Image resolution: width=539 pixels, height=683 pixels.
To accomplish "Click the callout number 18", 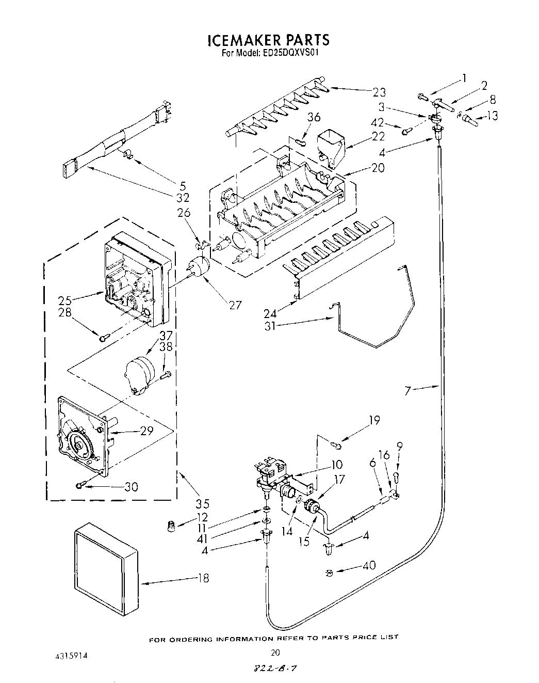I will tap(203, 578).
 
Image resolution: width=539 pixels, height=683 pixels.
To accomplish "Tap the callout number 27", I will tap(235, 305).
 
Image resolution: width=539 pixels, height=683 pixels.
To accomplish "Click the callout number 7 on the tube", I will tap(407, 391).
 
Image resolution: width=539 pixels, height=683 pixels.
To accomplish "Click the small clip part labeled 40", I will tap(329, 571).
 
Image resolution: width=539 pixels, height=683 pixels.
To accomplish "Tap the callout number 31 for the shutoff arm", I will tap(271, 326).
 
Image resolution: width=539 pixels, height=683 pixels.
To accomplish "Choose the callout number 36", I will tap(313, 118).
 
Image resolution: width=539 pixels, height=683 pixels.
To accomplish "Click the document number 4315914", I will tap(71, 655).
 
